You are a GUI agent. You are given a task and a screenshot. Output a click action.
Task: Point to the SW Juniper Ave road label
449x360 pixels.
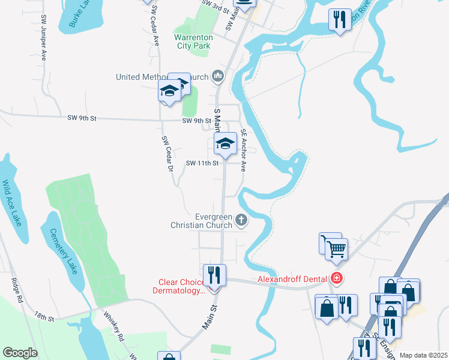(x=44, y=38)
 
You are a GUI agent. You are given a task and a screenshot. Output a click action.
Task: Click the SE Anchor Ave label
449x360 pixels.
(x=244, y=150)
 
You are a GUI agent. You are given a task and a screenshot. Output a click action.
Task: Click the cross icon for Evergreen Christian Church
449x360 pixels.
(x=241, y=221)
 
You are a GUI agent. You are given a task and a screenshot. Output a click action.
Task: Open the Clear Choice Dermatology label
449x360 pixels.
(x=182, y=286)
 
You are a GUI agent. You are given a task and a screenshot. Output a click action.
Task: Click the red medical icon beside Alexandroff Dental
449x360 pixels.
(x=337, y=278)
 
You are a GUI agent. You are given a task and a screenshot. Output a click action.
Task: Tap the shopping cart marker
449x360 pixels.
(x=336, y=248)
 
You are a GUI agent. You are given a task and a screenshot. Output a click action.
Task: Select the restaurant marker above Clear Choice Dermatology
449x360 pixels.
(x=214, y=275)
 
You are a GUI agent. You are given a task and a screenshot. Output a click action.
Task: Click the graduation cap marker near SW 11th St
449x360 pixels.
(x=225, y=144)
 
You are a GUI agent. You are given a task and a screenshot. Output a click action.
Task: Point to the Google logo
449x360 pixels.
(x=20, y=353)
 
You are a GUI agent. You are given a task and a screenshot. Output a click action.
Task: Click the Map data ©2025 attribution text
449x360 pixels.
(x=423, y=355)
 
